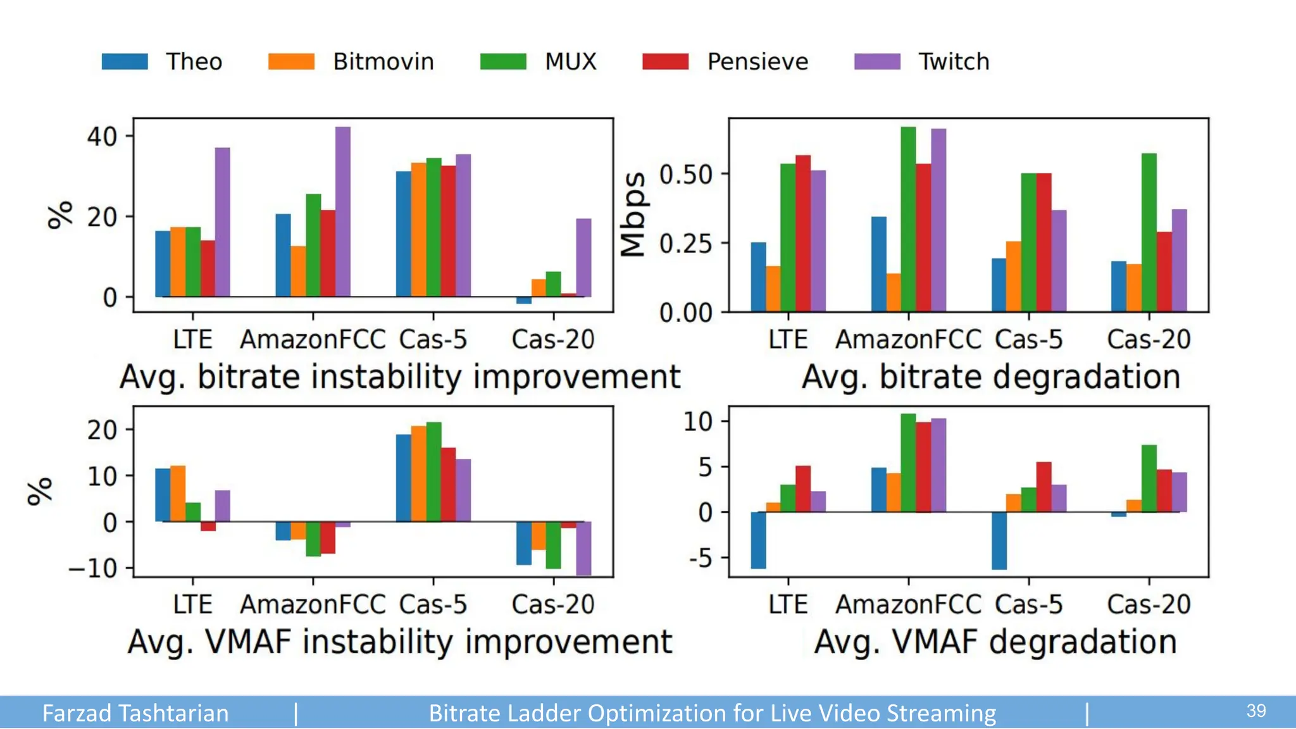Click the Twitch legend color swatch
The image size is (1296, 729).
(x=877, y=61)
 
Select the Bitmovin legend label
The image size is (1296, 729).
(x=383, y=61)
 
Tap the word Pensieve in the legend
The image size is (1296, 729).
(x=757, y=61)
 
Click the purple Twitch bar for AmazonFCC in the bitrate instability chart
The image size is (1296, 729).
(x=343, y=211)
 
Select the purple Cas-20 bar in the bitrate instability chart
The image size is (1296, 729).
(x=583, y=258)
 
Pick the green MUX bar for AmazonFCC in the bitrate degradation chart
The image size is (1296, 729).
(x=908, y=219)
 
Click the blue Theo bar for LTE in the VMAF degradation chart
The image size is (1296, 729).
(x=758, y=540)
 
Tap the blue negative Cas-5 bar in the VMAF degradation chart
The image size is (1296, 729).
(x=999, y=540)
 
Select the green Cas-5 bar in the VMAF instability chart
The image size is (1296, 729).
(x=433, y=471)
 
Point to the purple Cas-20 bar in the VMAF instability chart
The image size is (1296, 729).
(x=583, y=548)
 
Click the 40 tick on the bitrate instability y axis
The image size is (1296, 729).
(x=103, y=137)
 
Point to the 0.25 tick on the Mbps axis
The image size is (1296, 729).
(x=685, y=244)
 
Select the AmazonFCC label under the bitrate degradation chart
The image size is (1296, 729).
(x=908, y=340)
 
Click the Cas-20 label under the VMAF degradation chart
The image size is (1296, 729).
(x=1149, y=604)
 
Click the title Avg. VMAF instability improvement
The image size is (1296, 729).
(x=400, y=642)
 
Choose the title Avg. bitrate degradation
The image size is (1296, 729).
(x=991, y=377)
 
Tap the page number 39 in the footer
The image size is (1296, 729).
(x=1256, y=711)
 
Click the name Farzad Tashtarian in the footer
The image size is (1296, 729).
(x=135, y=713)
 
